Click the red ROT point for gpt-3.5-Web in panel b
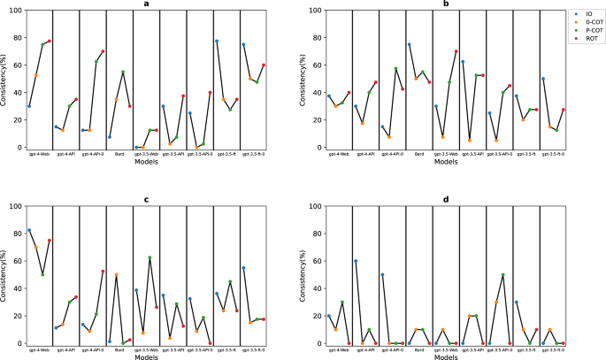click(456, 51)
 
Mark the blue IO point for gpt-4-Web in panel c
click(29, 230)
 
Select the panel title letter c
click(145, 198)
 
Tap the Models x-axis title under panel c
click(145, 357)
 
